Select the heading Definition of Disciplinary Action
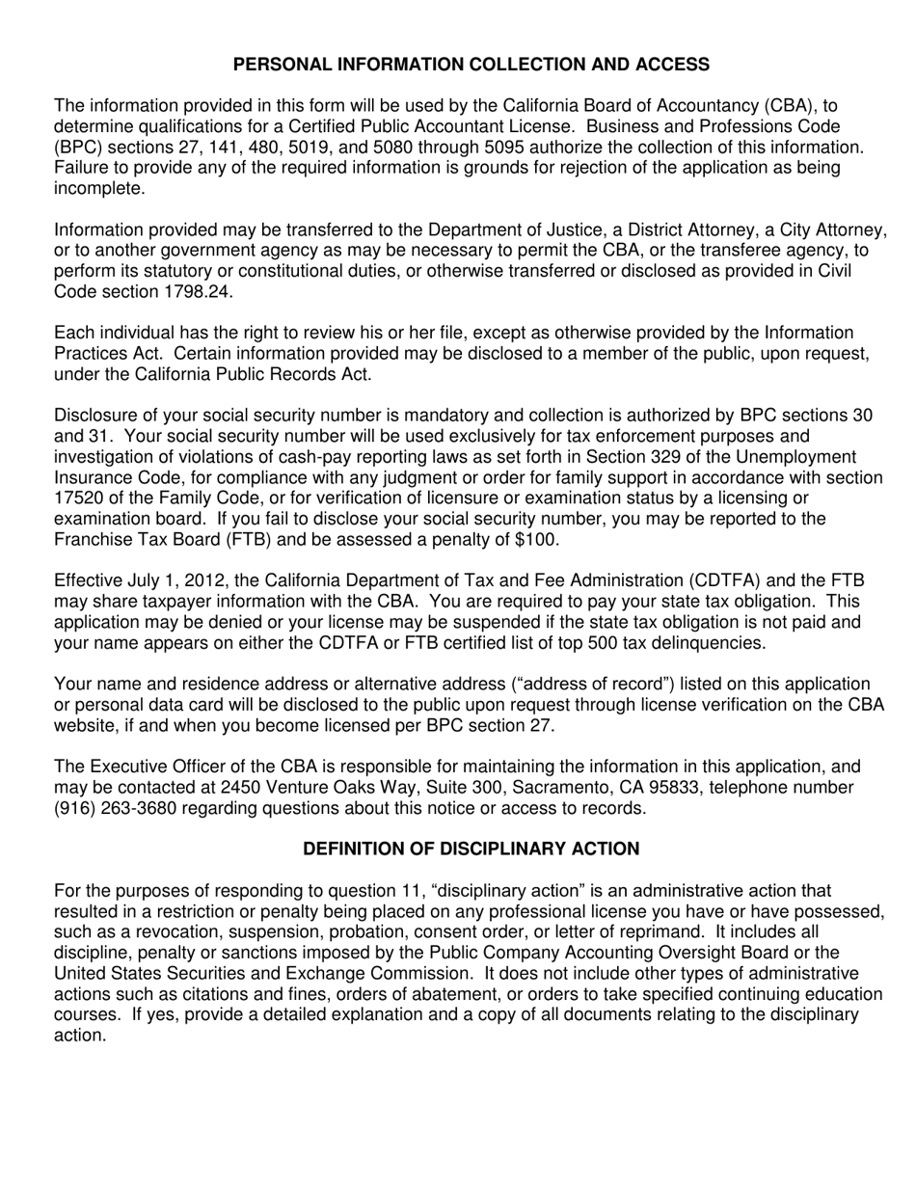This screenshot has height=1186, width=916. tap(471, 849)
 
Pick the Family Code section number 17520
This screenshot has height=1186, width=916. tap(79, 498)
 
